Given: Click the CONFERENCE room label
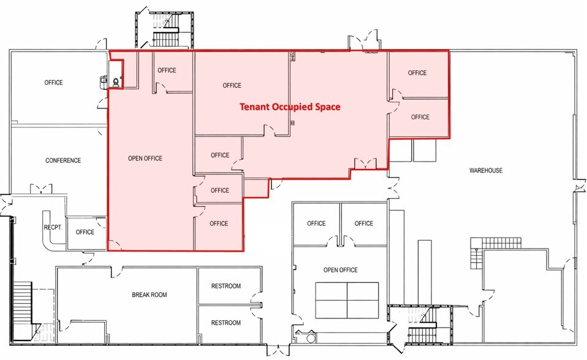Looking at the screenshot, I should point(63,160).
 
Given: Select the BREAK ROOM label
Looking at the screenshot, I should point(150,294).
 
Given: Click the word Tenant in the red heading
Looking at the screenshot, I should point(254,107).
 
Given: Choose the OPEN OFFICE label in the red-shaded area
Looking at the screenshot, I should point(145,159).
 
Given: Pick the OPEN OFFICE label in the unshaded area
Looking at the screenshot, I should point(340,270).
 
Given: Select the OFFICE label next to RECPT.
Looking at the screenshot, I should point(85,232).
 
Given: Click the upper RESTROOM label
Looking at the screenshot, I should point(226,286).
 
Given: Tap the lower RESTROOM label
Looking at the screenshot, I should point(226,323).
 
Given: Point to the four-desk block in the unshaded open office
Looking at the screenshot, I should point(346,300).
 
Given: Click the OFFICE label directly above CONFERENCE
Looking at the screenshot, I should point(54,83).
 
